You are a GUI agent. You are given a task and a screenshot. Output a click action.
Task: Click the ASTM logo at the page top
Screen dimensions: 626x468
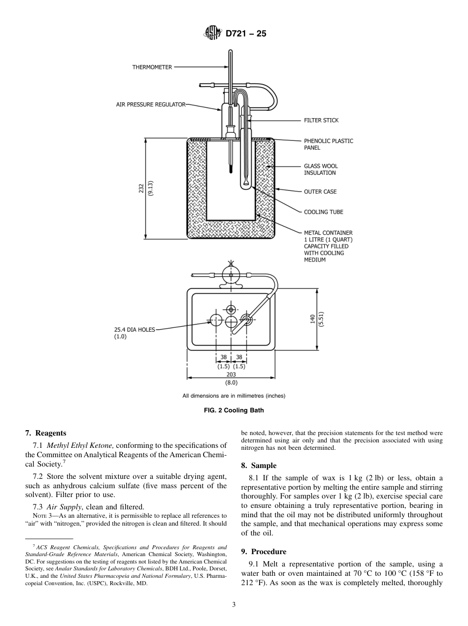(x=212, y=34)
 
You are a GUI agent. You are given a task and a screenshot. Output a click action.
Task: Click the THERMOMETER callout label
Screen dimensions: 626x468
(x=152, y=67)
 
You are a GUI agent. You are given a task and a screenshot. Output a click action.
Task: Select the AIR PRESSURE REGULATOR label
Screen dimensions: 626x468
(x=150, y=104)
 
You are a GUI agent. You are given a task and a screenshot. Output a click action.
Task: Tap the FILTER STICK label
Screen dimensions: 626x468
(x=321, y=120)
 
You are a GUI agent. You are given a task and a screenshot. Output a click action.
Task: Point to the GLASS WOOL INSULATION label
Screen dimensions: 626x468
(x=321, y=169)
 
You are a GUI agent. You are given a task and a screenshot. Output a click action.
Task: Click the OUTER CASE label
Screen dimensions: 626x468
(x=320, y=191)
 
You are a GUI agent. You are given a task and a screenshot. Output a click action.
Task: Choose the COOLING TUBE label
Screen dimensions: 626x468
(x=323, y=212)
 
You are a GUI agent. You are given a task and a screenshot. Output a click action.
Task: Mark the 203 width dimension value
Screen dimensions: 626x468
(x=231, y=375)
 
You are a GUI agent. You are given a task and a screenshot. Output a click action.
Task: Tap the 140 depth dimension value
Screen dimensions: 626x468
(x=312, y=320)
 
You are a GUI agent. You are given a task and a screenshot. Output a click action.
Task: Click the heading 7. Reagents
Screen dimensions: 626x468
(x=45, y=433)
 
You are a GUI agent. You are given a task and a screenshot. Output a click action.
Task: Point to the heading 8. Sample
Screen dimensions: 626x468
(x=259, y=466)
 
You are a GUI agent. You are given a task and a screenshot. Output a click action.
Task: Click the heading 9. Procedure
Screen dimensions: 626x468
(x=264, y=552)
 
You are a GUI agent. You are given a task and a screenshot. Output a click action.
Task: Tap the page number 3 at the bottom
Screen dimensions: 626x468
(x=234, y=605)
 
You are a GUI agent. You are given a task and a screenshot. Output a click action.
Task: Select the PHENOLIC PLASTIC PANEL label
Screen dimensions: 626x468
(x=328, y=144)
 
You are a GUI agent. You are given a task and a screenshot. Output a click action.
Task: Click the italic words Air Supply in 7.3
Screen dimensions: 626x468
(x=64, y=507)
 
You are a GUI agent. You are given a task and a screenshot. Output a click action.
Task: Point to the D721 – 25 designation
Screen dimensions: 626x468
(x=246, y=34)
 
